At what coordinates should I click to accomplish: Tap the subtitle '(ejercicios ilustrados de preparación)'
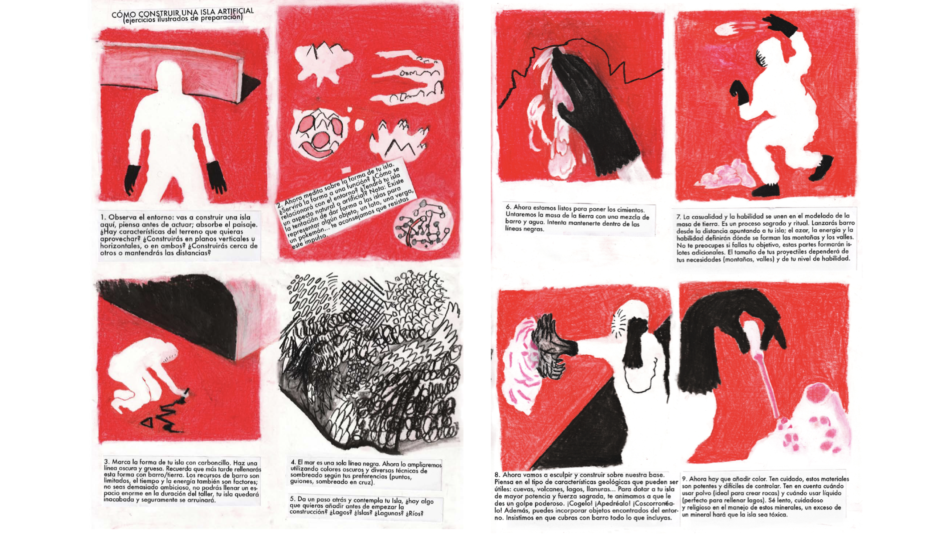point(182,18)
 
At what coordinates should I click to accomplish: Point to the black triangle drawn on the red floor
point(148,422)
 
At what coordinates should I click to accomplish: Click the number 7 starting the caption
point(679,217)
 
